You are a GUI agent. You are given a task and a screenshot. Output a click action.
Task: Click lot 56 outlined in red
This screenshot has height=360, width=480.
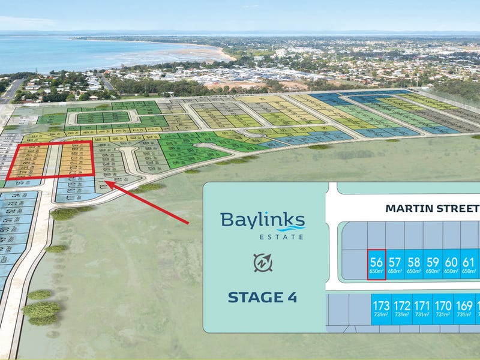[376, 265]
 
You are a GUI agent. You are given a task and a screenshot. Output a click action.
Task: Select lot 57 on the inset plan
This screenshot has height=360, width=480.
[395, 265]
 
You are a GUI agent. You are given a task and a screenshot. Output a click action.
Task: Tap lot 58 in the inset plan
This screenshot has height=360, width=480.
[413, 265]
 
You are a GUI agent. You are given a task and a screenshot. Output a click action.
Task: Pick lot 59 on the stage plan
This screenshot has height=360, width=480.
[432, 265]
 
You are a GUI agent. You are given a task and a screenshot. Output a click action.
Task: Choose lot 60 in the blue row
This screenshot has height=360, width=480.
[451, 265]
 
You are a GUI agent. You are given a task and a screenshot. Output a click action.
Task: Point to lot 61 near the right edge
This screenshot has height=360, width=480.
[469, 265]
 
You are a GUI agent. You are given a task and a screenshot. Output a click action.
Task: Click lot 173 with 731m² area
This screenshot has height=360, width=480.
[382, 309]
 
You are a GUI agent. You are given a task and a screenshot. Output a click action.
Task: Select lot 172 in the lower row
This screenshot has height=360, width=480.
[402, 309]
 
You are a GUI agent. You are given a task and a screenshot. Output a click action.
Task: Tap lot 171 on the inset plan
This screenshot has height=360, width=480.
[422, 309]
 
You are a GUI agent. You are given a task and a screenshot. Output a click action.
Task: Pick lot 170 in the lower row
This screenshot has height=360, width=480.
[443, 309]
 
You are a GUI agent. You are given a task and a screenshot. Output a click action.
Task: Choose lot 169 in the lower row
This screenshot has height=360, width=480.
[463, 309]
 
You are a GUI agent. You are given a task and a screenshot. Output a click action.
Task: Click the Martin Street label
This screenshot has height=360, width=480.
[432, 209]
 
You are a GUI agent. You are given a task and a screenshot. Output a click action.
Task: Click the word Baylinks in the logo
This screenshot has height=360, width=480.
[262, 220]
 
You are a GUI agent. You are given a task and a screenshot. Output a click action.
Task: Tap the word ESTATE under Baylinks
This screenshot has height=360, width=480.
[281, 236]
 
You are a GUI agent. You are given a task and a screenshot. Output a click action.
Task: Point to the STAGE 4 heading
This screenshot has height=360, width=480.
[262, 297]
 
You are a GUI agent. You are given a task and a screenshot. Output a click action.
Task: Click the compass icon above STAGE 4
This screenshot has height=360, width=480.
[262, 262]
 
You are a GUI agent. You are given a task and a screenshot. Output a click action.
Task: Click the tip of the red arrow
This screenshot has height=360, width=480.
[105, 182]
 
